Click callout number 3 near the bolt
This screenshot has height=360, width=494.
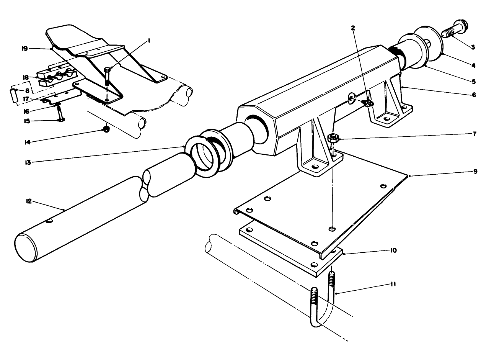(473, 47)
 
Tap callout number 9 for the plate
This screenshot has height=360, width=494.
(475, 171)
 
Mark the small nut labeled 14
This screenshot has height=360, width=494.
(106, 130)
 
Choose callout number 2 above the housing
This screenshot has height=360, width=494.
(353, 28)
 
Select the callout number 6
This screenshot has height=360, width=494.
(474, 95)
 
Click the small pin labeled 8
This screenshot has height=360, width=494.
(13, 95)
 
